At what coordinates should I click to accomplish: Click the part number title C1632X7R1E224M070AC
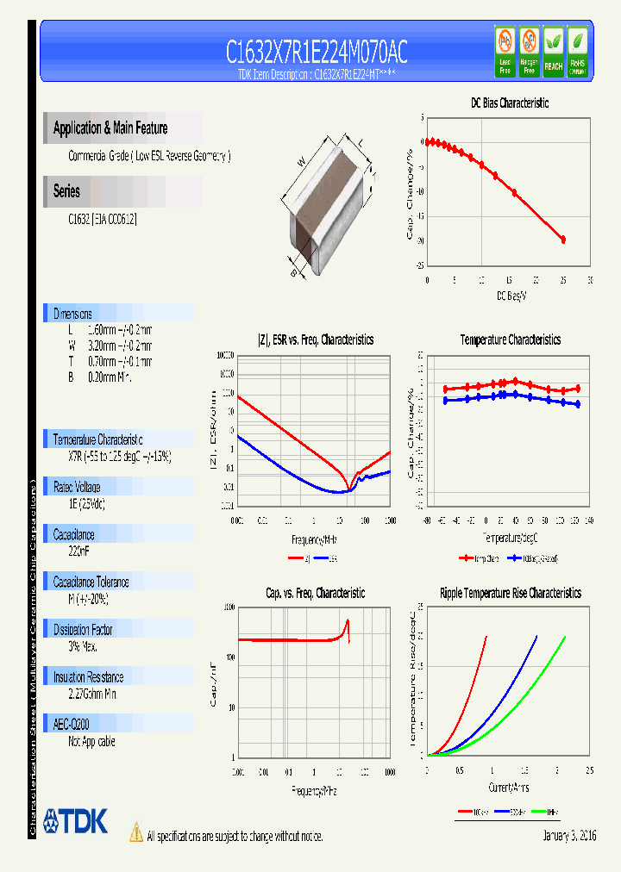(x=317, y=53)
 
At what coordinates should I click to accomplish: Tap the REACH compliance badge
(x=553, y=51)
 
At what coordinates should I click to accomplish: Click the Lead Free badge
(x=505, y=51)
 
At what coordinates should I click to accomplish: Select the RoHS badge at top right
(x=577, y=51)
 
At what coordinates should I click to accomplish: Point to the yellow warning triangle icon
(x=135, y=832)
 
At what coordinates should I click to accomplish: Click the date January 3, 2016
(x=569, y=836)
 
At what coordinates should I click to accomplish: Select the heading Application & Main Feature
(x=110, y=128)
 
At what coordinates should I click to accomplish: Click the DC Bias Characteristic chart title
(x=509, y=103)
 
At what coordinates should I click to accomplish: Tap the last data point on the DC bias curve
(x=563, y=240)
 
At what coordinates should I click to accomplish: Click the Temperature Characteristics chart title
(x=510, y=339)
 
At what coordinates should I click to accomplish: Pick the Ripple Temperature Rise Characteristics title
(x=510, y=593)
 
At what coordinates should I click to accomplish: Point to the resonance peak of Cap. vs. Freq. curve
(x=348, y=621)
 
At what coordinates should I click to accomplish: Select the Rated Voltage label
(x=78, y=487)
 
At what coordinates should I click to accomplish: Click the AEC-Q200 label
(x=72, y=725)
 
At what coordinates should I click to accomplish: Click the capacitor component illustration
(x=328, y=202)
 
